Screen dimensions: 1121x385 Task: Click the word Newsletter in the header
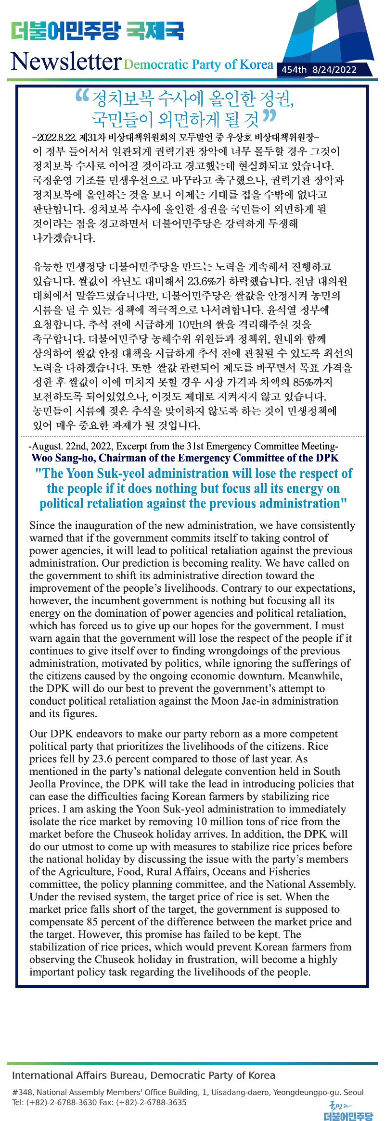coord(65,62)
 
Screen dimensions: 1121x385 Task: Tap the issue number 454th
coord(294,70)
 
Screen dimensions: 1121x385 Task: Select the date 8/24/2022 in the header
coord(334,70)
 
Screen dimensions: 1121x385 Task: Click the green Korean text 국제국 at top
coord(155,31)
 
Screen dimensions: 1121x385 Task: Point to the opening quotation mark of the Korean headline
coord(82,95)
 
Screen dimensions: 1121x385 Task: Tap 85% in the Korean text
coord(304,382)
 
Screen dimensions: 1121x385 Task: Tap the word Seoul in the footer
coord(354,1092)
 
